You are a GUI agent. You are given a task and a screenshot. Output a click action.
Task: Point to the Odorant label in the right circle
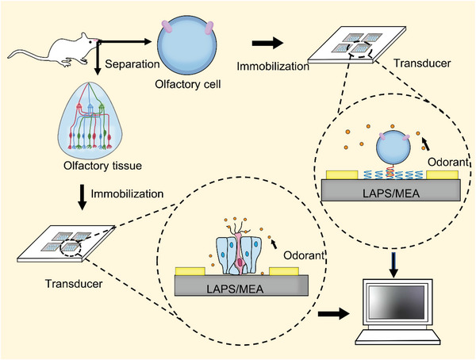(x=445, y=162)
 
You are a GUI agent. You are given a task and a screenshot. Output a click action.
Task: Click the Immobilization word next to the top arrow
(x=274, y=68)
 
